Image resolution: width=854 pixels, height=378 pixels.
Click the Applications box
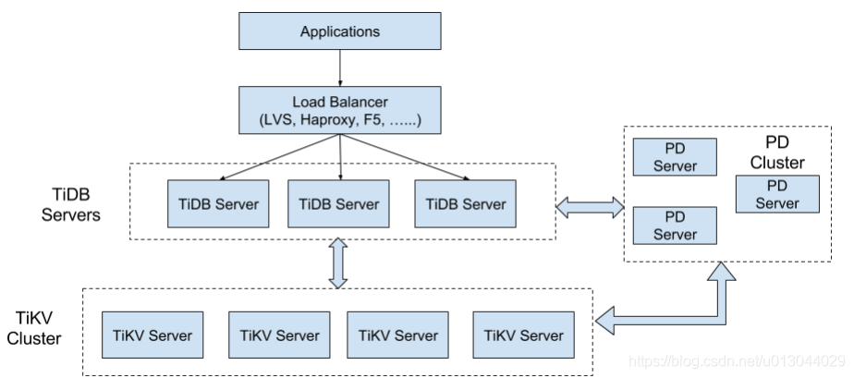340,32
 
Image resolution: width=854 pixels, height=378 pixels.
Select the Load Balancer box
340,108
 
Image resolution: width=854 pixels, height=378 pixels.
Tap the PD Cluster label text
776,153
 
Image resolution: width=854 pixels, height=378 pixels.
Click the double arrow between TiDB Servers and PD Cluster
591,206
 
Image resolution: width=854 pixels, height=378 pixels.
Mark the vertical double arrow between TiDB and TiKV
338,263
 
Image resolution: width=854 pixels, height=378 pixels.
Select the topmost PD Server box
675,156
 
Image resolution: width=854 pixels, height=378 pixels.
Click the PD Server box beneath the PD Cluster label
776,194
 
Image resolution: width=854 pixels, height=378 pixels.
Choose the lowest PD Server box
675,225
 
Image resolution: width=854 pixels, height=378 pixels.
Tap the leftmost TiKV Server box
152,335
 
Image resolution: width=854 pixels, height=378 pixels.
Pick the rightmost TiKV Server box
524,335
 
